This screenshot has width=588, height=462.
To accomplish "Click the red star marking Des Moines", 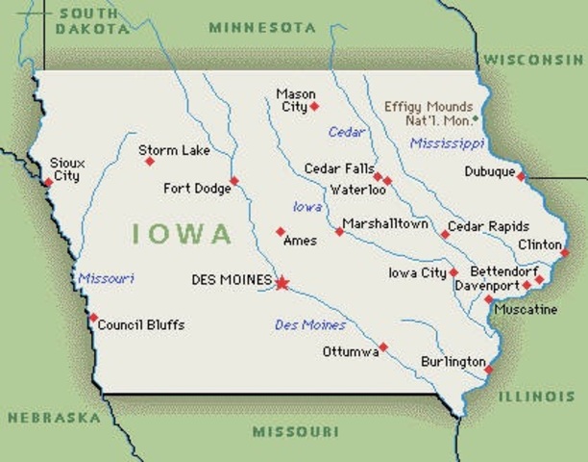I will click(282, 282).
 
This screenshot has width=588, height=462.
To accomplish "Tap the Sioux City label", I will click(67, 169).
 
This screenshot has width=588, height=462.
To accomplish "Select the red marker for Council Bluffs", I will click(93, 318).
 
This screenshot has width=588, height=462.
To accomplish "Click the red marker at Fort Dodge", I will click(233, 180).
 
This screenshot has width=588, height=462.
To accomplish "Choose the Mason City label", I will click(292, 100).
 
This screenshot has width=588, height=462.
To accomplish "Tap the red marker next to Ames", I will click(281, 231).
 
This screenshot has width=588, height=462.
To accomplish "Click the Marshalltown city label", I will click(385, 223).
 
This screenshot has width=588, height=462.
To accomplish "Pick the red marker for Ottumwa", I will click(383, 346).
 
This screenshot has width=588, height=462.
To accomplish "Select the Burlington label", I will click(453, 362).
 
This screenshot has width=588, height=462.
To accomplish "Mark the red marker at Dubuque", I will click(521, 176).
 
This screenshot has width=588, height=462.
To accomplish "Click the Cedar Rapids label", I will click(489, 226).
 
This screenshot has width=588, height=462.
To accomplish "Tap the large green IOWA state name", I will click(182, 234).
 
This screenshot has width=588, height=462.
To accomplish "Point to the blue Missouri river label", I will click(106, 278).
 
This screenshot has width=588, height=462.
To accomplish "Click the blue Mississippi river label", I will click(447, 143).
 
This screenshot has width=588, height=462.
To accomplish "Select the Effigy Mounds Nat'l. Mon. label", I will click(429, 114).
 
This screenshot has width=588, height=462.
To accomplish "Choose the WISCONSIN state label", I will click(534, 60).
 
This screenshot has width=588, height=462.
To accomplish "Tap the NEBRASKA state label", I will click(54, 418).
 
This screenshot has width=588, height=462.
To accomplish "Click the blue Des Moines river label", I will click(310, 324).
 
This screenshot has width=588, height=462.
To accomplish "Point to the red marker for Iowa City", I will click(453, 272).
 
